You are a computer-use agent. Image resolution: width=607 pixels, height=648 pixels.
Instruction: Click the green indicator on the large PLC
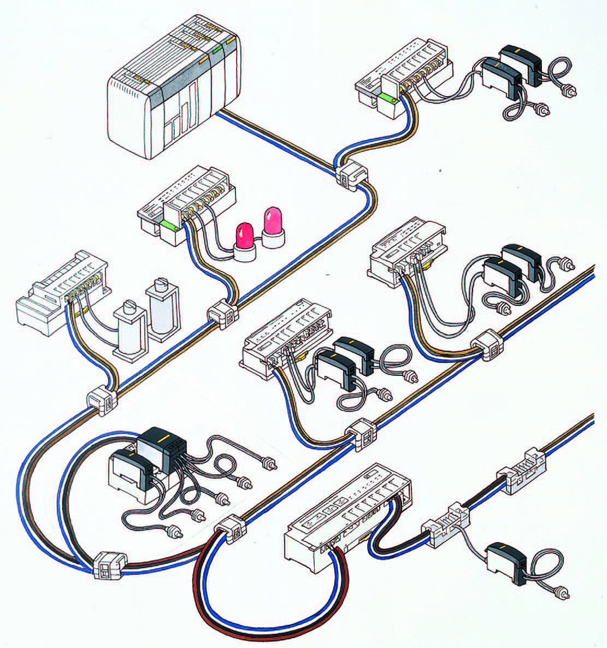tap(217, 50)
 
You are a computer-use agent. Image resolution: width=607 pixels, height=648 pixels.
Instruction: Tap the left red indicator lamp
tap(243, 238)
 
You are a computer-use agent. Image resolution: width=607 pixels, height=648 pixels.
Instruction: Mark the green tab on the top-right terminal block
tap(386, 99)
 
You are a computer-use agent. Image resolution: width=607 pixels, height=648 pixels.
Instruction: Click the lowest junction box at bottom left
tap(109, 566)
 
